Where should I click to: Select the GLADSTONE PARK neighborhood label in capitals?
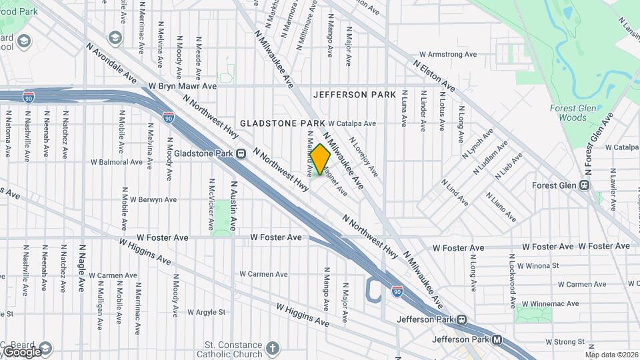pos(283,123)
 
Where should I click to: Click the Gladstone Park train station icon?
pos(241,153)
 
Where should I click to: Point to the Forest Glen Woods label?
pos(568,113)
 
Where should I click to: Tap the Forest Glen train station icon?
pos(585,185)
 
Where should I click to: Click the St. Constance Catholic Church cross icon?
pos(272,348)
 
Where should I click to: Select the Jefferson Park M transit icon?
pos(497,340)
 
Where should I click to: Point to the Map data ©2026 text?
pos(611,355)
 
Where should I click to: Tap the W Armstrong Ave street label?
pos(447,55)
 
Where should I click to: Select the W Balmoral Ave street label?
pos(117,162)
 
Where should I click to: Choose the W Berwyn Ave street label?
pos(153,199)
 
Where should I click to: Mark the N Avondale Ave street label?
pos(111,64)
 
